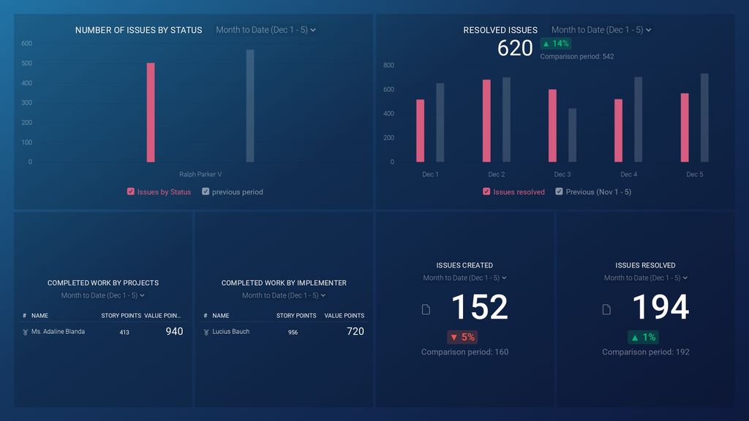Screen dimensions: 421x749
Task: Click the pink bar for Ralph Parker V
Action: [x=151, y=113]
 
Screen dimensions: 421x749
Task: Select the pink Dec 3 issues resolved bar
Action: [x=552, y=126]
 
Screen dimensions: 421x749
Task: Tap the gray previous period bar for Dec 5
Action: [x=704, y=118]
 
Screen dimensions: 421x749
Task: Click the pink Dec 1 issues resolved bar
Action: [x=420, y=131]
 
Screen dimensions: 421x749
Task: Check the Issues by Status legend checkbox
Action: [x=131, y=192]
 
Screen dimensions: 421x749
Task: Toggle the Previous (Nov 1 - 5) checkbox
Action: [x=559, y=192]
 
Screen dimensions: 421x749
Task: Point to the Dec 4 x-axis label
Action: [x=628, y=175]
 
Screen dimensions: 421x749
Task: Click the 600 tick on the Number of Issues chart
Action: [x=26, y=44]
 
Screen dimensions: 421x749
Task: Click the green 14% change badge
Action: [x=555, y=44]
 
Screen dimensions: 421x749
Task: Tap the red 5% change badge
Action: [x=462, y=337]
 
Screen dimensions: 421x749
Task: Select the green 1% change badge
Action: [x=643, y=337]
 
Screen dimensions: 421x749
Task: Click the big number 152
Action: [x=479, y=307]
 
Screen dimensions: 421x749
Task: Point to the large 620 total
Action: [x=515, y=48]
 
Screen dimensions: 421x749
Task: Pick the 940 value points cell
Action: [x=174, y=332]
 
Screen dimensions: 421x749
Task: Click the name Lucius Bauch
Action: [x=230, y=332]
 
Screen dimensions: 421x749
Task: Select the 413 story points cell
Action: [x=124, y=333]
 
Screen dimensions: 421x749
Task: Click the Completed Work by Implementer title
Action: [x=284, y=283]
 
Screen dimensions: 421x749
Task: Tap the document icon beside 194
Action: [x=606, y=310]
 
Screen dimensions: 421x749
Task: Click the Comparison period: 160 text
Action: [x=464, y=352]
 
